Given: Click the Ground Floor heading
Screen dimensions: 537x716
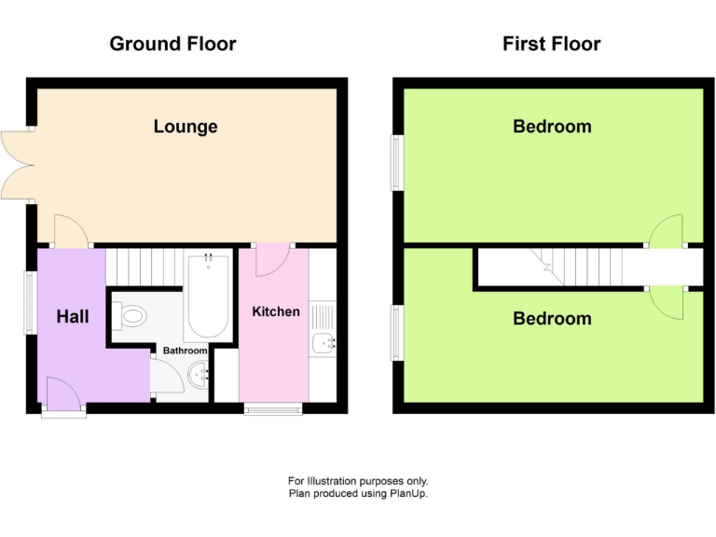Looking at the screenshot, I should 172,44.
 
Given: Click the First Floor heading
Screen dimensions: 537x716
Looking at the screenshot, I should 551,44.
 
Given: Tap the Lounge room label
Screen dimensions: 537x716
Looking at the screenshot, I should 186,127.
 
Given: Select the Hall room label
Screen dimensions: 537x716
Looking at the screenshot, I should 73,317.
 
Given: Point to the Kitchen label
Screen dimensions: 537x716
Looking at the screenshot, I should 276,311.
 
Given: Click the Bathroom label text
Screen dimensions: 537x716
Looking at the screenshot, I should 186,351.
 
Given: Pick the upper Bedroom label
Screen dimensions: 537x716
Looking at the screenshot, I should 552,127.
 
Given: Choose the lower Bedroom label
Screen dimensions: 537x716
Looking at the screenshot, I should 552,319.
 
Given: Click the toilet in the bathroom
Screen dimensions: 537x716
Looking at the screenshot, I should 131,316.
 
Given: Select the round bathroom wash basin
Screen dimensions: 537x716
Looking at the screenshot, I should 198,377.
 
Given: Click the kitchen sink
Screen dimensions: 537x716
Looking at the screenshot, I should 323,343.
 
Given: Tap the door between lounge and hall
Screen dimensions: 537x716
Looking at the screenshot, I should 71,231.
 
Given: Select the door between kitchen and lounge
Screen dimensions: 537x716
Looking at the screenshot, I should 273,258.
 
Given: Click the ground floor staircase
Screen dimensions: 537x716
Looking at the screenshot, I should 144,266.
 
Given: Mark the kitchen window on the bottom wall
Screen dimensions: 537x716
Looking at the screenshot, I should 273,407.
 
